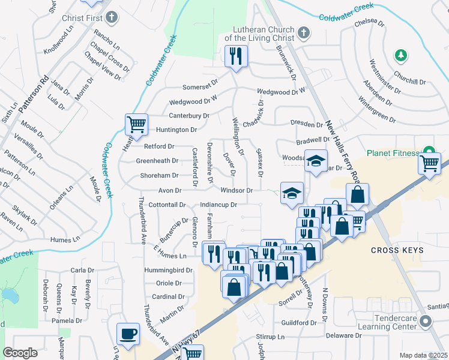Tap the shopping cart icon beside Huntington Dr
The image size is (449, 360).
pyautogui.click(x=136, y=124)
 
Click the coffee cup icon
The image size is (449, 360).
pyautogui.click(x=128, y=334)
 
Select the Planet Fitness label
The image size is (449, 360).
pyautogui.click(x=392, y=153)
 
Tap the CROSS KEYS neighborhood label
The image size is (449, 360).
pyautogui.click(x=397, y=250)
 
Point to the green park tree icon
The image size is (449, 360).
pyautogui.click(x=401, y=56)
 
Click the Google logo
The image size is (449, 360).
pyautogui.click(x=20, y=353)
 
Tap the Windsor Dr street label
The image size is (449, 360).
pyautogui.click(x=236, y=190)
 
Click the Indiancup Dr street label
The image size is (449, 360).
pyautogui.click(x=219, y=205)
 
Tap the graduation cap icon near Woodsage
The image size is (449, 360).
pyautogui.click(x=315, y=160)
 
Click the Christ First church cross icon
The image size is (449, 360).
pyautogui.click(x=112, y=17)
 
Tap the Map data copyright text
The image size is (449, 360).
pyautogui.click(x=424, y=355)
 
